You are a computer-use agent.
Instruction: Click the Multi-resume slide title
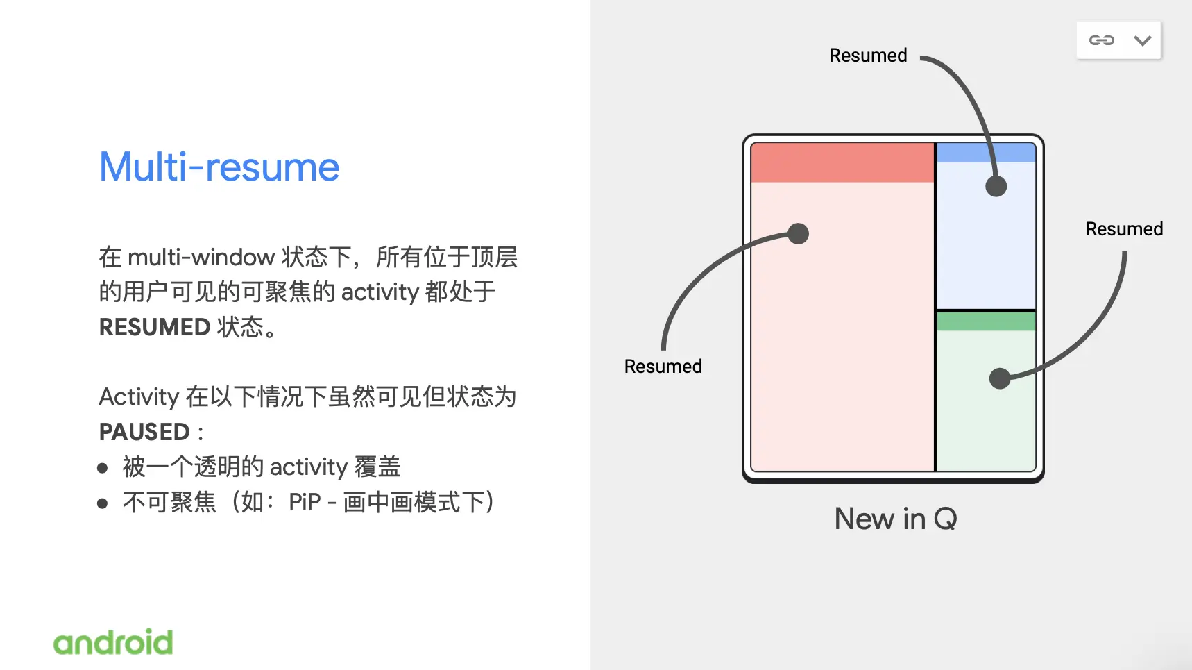219,167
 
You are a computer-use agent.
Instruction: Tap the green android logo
113,642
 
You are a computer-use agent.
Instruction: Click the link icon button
1101,40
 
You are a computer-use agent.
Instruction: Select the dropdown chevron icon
1143,40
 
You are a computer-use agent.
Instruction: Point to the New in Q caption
896,519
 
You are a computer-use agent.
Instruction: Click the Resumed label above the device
868,56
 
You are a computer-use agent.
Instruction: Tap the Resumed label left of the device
663,366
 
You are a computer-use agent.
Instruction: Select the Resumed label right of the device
1124,229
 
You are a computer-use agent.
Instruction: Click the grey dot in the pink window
799,233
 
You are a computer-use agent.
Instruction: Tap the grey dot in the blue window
996,186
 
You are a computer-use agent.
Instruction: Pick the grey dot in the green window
1000,378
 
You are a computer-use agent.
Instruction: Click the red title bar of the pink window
842,162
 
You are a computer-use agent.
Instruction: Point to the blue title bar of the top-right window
986,153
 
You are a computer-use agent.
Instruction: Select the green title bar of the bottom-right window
986,321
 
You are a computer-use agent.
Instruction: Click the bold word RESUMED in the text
155,327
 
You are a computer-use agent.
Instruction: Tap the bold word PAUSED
144,432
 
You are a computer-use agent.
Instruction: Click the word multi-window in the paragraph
201,258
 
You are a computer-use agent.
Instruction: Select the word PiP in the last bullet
305,502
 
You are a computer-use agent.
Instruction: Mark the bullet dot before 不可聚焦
103,503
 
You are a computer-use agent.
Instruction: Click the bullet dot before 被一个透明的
103,468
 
